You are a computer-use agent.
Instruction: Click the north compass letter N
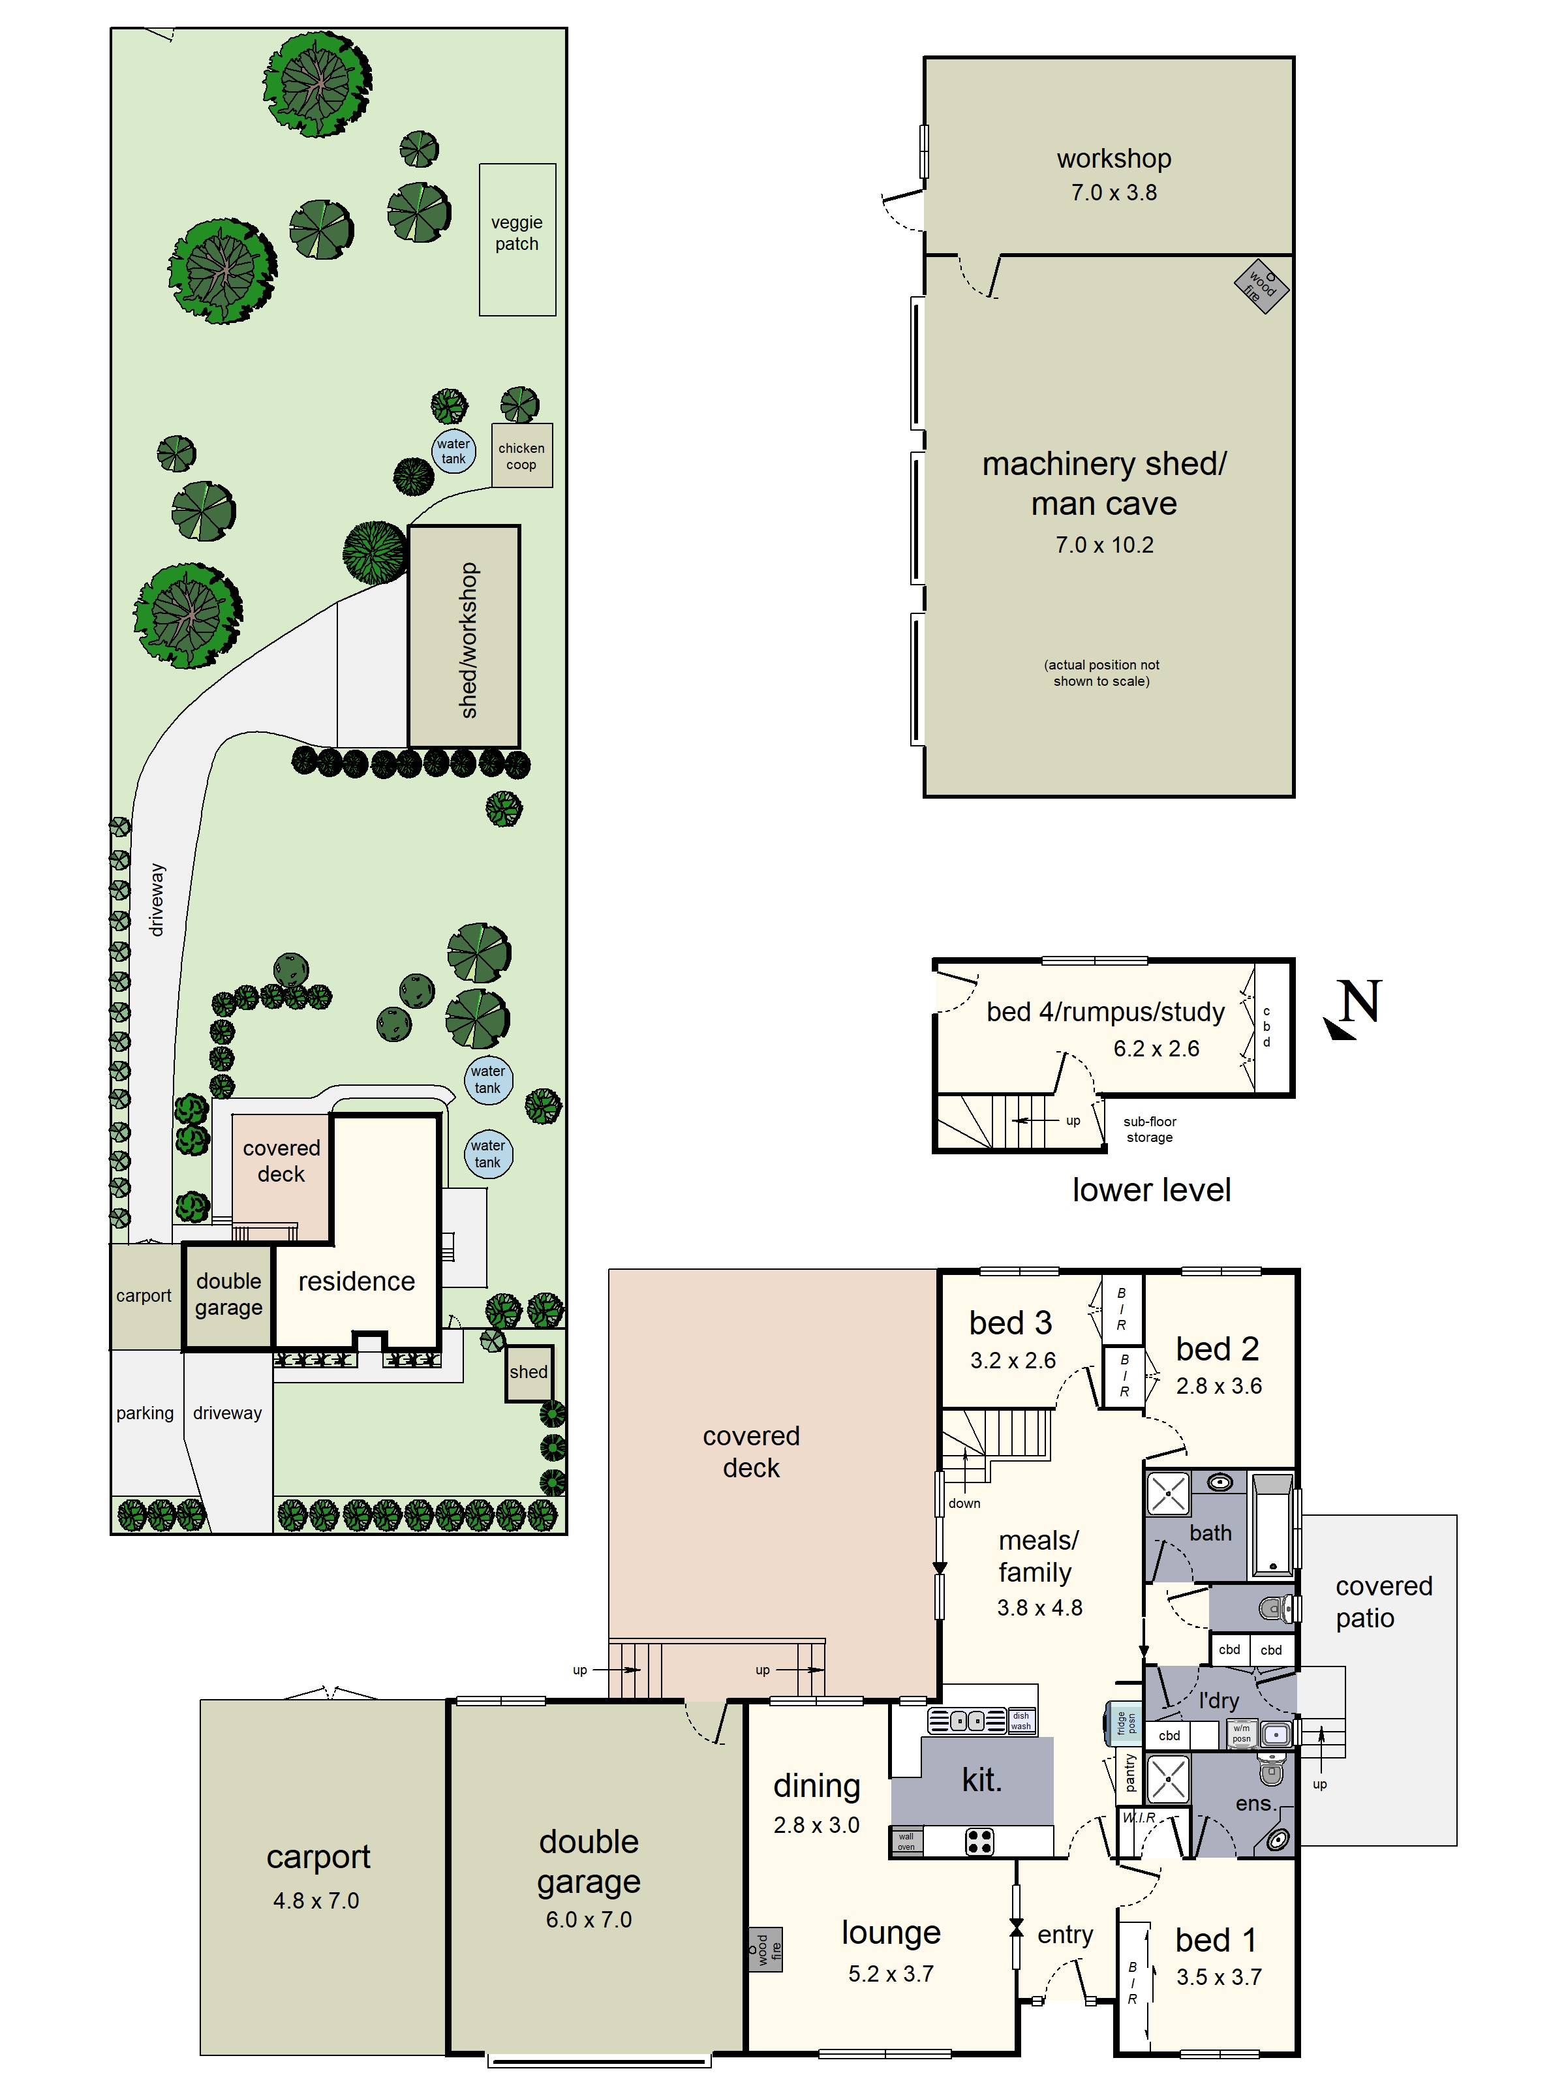[1359, 1002]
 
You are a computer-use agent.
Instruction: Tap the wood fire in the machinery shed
[1261, 286]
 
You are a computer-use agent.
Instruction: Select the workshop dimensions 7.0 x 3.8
[1113, 192]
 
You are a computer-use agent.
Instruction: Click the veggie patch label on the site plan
[516, 233]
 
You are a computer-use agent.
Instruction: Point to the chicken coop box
[521, 456]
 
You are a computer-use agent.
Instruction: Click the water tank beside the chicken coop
[453, 452]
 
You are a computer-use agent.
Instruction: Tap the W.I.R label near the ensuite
[1139, 1818]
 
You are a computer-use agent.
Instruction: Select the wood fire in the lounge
[765, 1949]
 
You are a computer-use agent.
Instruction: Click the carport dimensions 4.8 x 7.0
[316, 1900]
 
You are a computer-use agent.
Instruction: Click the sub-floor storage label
[1149, 1129]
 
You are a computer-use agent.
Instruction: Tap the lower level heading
[1150, 1190]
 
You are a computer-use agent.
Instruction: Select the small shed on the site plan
[528, 1372]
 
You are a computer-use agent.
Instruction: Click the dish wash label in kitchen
[1021, 1721]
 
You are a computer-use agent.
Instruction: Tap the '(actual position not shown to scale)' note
[1101, 673]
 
